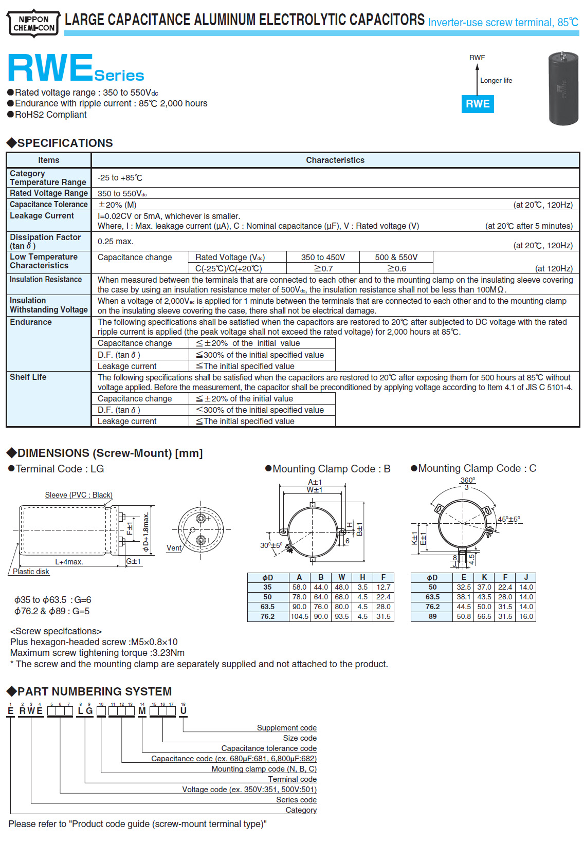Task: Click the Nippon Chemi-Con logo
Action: (33, 24)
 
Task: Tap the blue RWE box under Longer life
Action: (478, 104)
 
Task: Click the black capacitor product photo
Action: (563, 88)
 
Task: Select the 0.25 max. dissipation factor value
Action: (116, 241)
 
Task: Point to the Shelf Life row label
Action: (28, 377)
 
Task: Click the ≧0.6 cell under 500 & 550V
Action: (396, 268)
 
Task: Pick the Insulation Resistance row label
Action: (46, 279)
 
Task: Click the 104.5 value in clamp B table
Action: (300, 616)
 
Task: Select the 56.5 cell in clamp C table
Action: (484, 616)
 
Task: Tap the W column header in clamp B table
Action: (342, 577)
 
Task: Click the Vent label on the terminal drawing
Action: (174, 548)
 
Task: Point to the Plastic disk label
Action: (31, 572)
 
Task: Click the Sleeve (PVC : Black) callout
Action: (79, 495)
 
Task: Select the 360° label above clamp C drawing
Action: (467, 480)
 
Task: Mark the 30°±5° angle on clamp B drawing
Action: (271, 545)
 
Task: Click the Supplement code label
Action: (286, 728)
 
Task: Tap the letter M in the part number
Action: (142, 711)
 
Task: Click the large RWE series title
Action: (50, 69)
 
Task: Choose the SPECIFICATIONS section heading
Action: (65, 143)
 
